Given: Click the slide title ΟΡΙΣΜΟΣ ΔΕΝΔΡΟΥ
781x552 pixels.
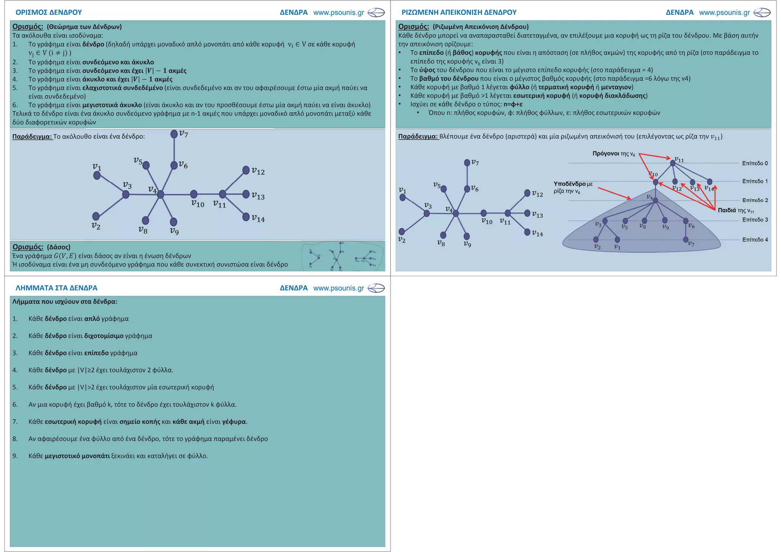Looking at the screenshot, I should [x=48, y=12].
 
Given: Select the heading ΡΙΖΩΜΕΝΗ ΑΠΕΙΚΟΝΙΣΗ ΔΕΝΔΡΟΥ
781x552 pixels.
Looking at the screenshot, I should [x=459, y=12].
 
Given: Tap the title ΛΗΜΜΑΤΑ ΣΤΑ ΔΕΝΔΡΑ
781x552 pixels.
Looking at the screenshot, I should [x=56, y=288].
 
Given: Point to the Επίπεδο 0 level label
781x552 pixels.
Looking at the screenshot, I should [x=755, y=163].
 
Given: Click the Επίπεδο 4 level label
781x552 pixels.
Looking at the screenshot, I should [x=755, y=240].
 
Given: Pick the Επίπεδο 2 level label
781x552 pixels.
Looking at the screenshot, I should [x=755, y=200].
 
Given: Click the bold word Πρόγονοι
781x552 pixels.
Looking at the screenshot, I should [x=606, y=153].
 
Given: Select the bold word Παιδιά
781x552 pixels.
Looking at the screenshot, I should [x=727, y=210].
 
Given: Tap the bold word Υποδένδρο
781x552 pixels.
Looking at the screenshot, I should [x=569, y=184].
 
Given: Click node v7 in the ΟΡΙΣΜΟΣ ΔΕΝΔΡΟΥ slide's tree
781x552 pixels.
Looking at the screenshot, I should [x=174, y=134].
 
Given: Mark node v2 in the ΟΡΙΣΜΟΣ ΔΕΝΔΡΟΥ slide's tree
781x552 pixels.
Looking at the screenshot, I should [x=96, y=216].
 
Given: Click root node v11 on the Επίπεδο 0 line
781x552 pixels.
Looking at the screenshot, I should [x=673, y=163].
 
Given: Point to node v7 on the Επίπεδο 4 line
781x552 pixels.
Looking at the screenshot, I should [x=686, y=240].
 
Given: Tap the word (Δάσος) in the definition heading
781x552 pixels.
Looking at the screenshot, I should [x=58, y=247].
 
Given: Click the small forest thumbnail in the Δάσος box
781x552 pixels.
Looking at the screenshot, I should [x=342, y=256].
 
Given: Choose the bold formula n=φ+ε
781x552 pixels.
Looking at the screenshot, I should [x=513, y=104].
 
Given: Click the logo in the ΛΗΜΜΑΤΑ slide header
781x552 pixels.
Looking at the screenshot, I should [x=376, y=288].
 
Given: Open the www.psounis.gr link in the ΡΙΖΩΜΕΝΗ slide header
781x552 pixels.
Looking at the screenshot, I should [x=724, y=12].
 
